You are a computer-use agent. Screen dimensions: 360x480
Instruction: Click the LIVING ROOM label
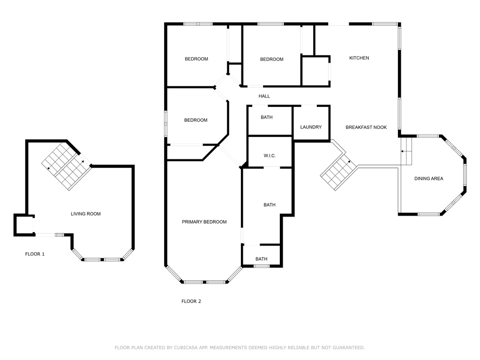[x=85, y=214]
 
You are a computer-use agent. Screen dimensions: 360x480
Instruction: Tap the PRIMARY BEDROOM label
[x=204, y=222]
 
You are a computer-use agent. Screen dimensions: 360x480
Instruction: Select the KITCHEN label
[x=359, y=58]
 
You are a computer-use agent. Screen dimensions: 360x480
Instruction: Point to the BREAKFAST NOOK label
[x=366, y=127]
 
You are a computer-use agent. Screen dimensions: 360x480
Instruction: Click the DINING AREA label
[x=428, y=179]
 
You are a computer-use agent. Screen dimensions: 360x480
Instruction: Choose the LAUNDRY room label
[x=311, y=127]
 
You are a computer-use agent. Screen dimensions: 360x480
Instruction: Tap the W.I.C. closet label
[x=269, y=156]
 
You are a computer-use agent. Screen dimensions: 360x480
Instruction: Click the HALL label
[x=264, y=97]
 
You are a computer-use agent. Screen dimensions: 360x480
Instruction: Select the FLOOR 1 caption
[x=35, y=254]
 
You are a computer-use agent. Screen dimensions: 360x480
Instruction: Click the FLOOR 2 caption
[x=191, y=301]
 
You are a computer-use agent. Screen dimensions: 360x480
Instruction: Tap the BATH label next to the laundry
[x=267, y=118]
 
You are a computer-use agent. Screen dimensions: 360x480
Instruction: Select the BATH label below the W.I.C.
[x=269, y=205]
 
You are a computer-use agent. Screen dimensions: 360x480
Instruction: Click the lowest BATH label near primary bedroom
[x=261, y=259]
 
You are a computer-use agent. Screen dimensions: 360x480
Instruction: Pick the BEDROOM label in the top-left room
[x=196, y=59]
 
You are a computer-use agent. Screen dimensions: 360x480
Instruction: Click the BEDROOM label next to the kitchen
[x=272, y=60]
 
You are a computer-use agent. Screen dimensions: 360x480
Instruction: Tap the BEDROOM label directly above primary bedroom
[x=195, y=120]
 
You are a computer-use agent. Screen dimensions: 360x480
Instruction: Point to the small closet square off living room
[x=22, y=225]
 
